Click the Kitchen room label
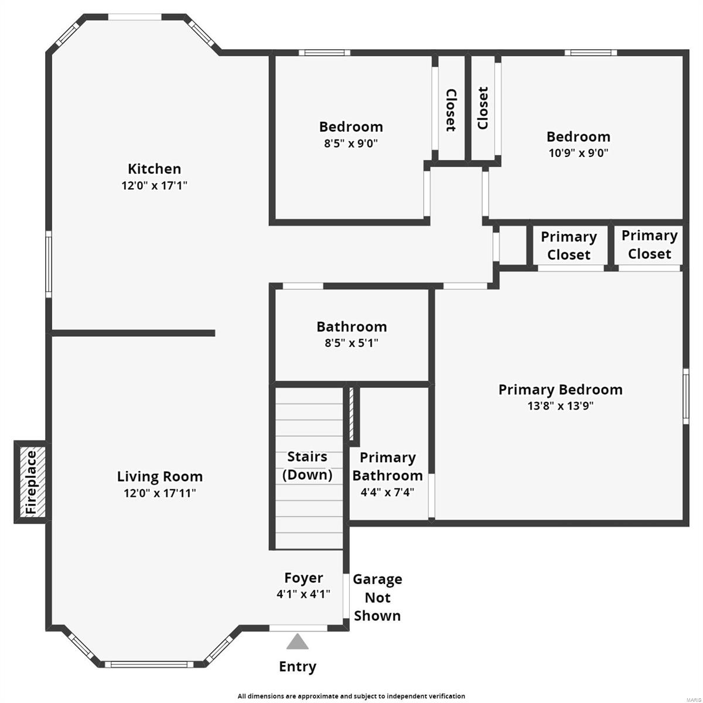[154, 169]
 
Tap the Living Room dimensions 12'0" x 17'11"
[159, 493]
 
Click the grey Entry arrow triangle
[298, 642]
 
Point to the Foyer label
[303, 578]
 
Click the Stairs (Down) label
[307, 466]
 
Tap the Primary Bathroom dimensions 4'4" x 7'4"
[387, 492]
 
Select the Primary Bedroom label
[560, 390]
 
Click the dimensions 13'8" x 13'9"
[560, 406]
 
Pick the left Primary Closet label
[568, 245]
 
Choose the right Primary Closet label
[649, 244]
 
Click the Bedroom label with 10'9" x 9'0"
[578, 136]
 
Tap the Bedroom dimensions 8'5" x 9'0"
[351, 144]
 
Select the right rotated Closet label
[483, 108]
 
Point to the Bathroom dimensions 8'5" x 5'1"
[351, 343]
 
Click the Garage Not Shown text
[377, 598]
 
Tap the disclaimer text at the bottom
[351, 696]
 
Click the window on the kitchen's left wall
[49, 264]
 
